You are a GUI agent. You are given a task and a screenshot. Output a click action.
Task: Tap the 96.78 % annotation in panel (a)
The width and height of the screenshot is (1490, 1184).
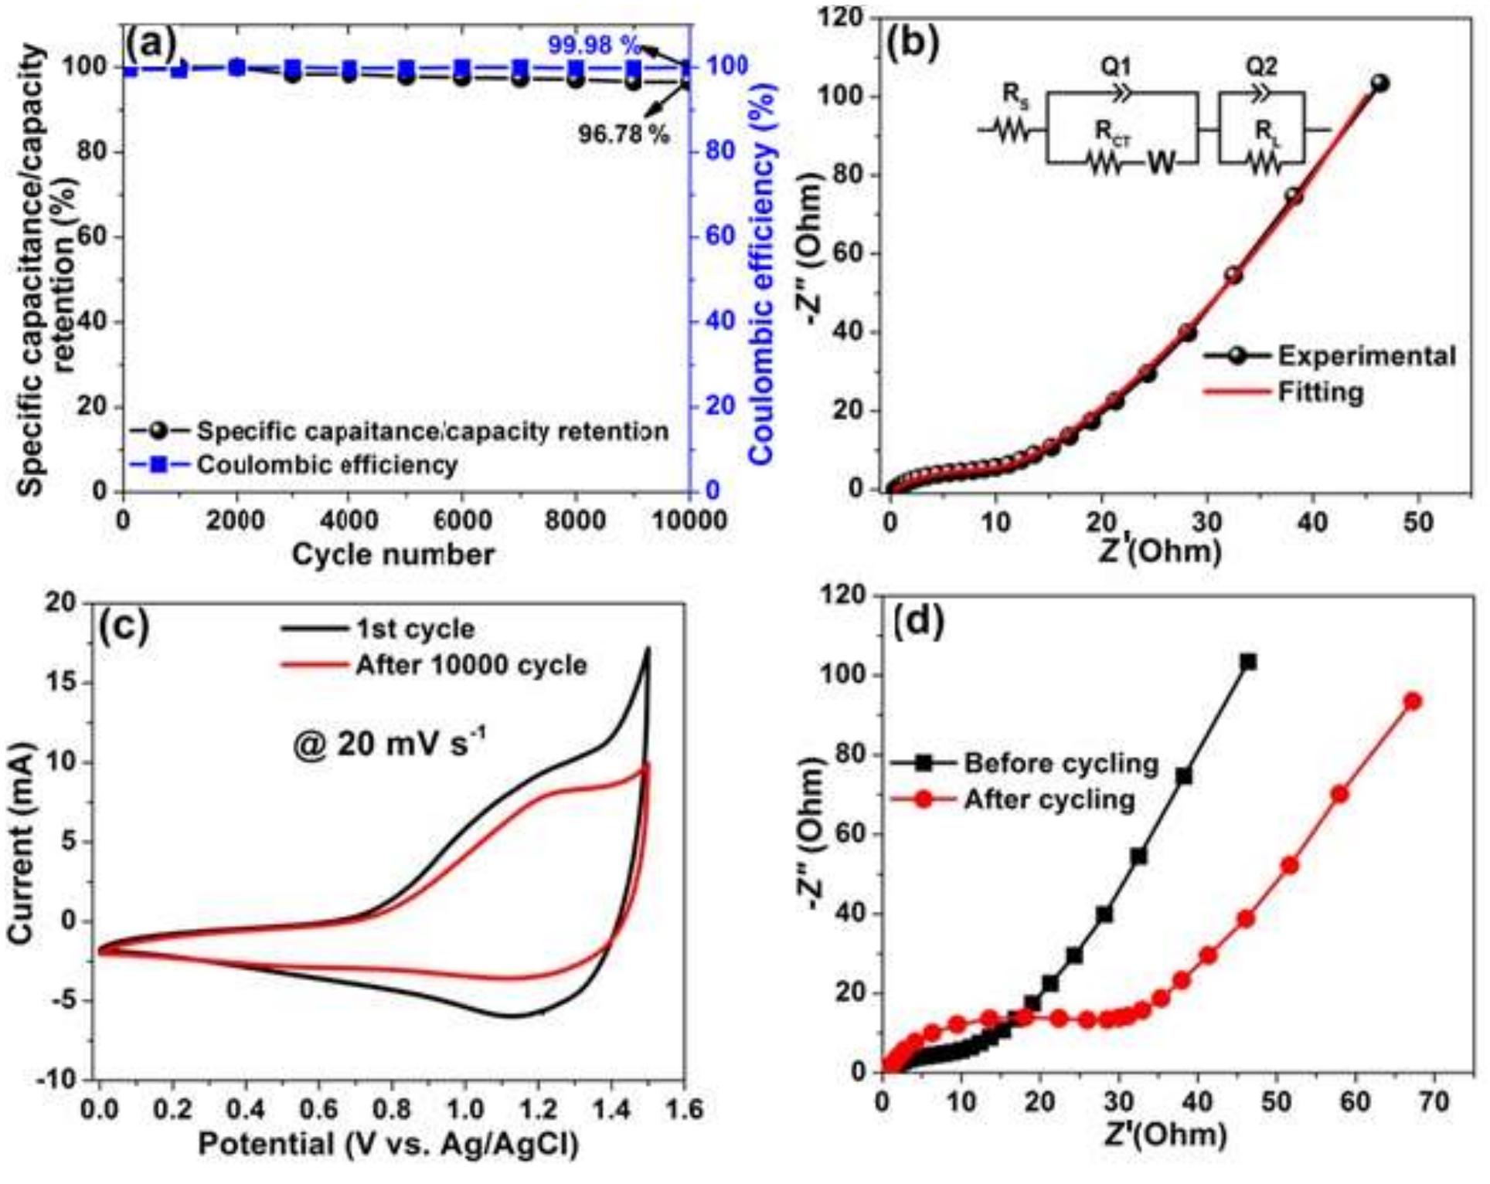pos(623,134)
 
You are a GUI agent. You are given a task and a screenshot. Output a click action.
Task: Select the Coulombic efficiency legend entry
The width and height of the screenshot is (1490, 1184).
pos(326,465)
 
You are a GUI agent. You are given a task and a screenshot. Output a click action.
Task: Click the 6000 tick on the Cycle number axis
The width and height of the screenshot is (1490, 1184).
pos(462,520)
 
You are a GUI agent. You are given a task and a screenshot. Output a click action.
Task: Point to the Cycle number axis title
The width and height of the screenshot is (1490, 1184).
pos(393,555)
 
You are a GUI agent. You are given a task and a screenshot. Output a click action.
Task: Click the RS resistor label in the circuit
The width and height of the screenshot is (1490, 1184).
pos(1015,94)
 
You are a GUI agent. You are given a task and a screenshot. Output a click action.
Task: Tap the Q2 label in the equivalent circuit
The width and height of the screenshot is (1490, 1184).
pos(1260,66)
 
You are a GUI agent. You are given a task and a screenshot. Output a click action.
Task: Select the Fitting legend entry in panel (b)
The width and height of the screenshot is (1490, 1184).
pos(1319,392)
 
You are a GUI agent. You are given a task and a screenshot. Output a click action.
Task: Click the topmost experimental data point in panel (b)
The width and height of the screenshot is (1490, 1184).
pos(1379,83)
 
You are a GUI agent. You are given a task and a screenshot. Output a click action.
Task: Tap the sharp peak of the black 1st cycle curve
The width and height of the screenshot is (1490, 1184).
pos(648,649)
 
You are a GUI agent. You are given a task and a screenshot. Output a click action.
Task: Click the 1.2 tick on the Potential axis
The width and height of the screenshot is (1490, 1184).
pos(538,1111)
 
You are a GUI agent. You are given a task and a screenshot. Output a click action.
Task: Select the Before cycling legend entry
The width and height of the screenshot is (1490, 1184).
pos(1060,763)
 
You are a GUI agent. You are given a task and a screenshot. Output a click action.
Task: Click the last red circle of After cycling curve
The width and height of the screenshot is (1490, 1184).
pos(1412,701)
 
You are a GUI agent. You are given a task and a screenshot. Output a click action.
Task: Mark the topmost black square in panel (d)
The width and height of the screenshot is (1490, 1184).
pos(1248,662)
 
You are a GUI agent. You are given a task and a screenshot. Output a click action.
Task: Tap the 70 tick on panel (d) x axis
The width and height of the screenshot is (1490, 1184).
pos(1434,1101)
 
